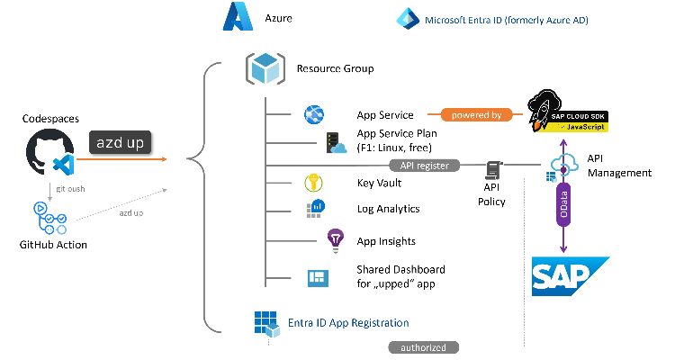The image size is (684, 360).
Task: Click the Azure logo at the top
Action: (240, 17)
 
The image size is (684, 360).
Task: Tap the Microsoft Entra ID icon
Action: (408, 18)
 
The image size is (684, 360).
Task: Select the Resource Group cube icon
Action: (265, 69)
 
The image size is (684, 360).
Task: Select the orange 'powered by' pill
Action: (471, 115)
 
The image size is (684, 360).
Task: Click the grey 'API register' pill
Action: (424, 166)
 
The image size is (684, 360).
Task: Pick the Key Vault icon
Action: (315, 183)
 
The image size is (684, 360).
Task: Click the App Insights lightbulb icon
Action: (336, 240)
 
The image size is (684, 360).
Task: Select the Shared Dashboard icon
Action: (316, 278)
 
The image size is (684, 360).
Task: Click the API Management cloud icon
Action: (564, 164)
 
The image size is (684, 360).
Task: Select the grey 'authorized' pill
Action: (424, 347)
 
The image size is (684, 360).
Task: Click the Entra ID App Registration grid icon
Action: (266, 324)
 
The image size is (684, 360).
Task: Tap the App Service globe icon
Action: (314, 115)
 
